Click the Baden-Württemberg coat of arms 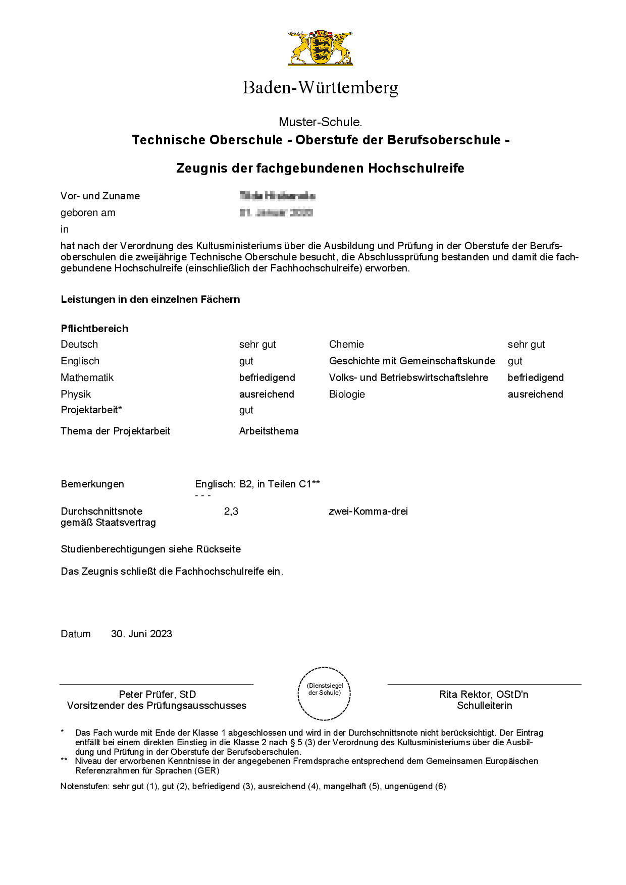[x=321, y=47]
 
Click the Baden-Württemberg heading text [x=320, y=88]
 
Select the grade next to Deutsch [x=257, y=344]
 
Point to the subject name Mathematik [x=87, y=377]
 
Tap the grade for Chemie [x=526, y=344]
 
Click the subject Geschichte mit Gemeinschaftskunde [x=412, y=361]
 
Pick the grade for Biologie [x=535, y=394]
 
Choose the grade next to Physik [x=267, y=394]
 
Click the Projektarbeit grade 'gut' [x=246, y=410]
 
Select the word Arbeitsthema [x=269, y=431]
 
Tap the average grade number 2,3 [x=231, y=511]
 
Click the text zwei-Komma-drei [x=368, y=511]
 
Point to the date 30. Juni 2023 [x=141, y=634]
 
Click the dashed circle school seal [x=324, y=693]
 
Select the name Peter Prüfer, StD [x=157, y=694]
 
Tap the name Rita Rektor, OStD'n [x=484, y=694]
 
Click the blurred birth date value [x=276, y=212]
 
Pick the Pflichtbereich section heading [x=94, y=328]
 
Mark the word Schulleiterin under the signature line [x=484, y=705]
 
